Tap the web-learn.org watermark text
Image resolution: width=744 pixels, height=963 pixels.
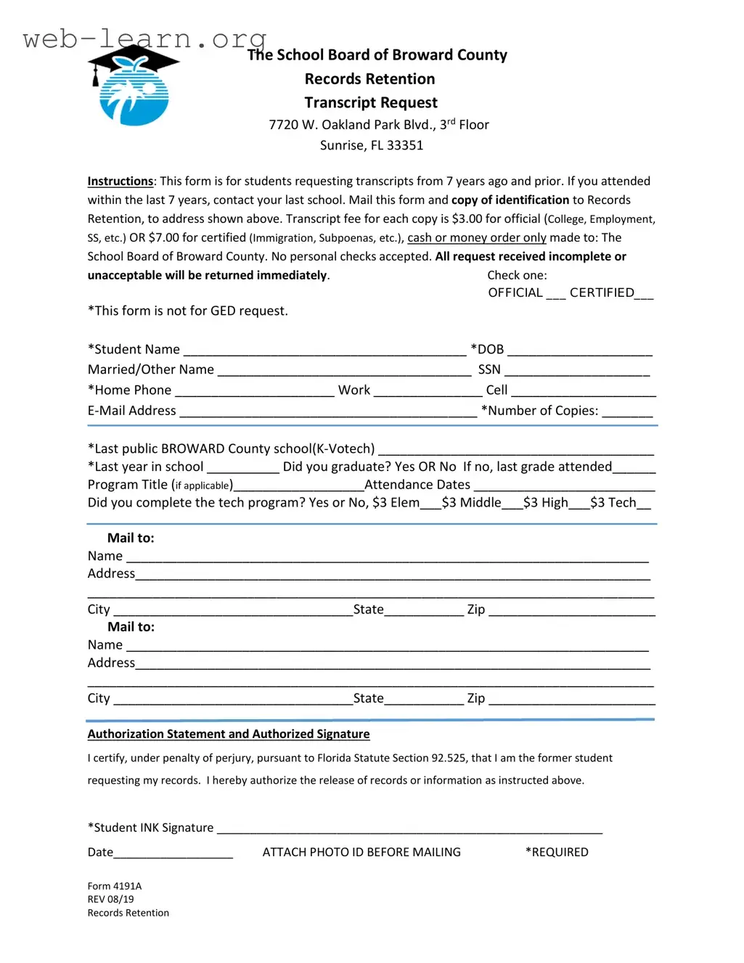144,38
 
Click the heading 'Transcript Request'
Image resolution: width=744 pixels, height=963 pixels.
370,102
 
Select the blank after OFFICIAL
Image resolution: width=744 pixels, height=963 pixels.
555,294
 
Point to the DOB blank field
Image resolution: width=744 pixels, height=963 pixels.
579,351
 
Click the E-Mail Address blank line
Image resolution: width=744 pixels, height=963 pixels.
328,411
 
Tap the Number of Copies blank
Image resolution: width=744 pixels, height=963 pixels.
627,411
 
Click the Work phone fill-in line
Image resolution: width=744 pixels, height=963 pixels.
428,391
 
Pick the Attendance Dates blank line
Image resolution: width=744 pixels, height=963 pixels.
564,485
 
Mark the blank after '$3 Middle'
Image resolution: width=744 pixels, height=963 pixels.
512,504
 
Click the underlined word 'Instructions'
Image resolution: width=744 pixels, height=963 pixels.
120,181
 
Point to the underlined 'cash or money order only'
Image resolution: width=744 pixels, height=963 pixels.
476,238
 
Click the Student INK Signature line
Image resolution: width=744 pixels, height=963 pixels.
409,829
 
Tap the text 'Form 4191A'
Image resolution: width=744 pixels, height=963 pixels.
115,886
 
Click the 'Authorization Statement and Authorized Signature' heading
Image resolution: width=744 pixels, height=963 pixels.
229,734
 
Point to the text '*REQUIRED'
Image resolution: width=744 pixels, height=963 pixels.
557,852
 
